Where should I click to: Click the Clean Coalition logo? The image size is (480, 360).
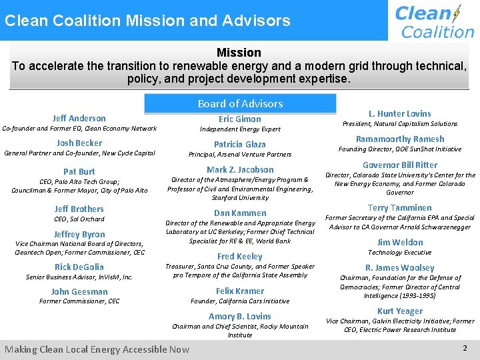[x=434, y=21]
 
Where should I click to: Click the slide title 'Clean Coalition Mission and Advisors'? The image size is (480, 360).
[x=147, y=20]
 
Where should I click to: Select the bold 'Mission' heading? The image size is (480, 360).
[x=239, y=52]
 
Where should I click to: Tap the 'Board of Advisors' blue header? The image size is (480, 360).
[x=240, y=103]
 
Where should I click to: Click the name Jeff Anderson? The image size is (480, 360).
[x=79, y=118]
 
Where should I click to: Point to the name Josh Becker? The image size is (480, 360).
[x=79, y=143]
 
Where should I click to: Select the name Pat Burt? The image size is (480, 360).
[x=79, y=171]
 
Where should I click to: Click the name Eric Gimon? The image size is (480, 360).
[x=240, y=119]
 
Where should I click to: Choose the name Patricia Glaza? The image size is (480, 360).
[x=240, y=144]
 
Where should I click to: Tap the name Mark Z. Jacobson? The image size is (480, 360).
[x=240, y=169]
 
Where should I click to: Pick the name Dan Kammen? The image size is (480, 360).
[x=240, y=213]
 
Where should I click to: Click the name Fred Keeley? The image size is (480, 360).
[x=240, y=256]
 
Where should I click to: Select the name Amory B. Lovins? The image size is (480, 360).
[x=240, y=316]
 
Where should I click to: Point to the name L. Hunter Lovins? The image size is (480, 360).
[x=400, y=113]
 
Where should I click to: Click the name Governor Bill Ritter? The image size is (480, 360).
[x=400, y=165]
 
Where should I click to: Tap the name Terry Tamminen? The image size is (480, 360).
[x=400, y=207]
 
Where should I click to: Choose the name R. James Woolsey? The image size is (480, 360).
[x=400, y=267]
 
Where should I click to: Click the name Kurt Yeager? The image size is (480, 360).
[x=400, y=311]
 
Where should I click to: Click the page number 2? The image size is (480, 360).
[x=465, y=348]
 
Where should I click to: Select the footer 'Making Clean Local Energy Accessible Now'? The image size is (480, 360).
[x=97, y=349]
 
